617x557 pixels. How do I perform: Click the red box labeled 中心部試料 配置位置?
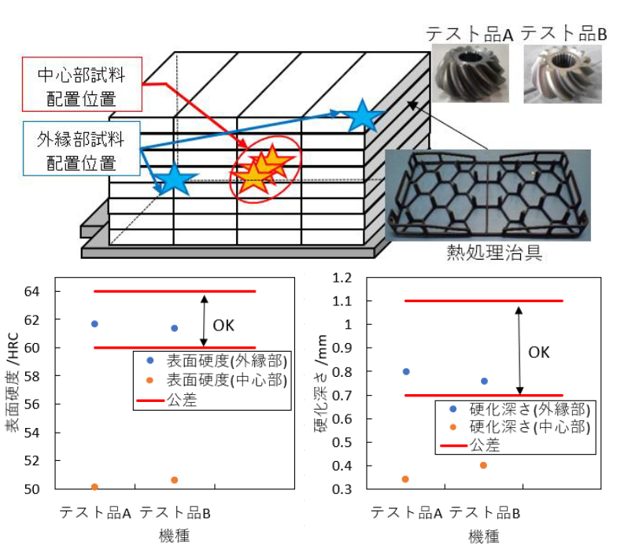(82, 84)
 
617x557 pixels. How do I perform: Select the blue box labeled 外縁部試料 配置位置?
(82, 148)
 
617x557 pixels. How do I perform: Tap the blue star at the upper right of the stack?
(362, 116)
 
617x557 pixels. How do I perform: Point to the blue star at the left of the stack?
(173, 179)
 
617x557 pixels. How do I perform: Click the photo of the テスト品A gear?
(471, 74)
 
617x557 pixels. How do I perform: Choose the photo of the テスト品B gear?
(563, 74)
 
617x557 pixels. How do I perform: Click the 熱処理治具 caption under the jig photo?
(494, 253)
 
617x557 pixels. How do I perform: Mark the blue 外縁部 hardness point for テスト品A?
(94, 324)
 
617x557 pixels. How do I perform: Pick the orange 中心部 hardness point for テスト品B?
(175, 480)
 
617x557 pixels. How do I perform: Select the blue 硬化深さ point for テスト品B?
(485, 381)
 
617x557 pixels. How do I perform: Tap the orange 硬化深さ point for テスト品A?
(405, 479)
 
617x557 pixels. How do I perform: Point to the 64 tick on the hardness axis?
(31, 291)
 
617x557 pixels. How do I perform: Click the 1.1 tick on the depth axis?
(342, 301)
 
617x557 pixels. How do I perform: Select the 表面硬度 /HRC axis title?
(13, 382)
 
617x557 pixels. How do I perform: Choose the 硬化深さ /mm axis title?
(321, 384)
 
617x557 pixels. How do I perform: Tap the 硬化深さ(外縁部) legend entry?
(519, 409)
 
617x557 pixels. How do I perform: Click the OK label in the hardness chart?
(224, 326)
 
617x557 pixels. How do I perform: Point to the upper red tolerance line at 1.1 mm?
(484, 301)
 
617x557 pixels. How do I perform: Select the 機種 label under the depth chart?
(484, 537)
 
